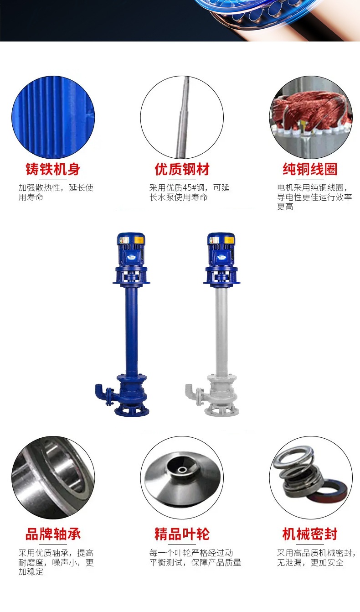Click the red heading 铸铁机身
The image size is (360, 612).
[53, 169]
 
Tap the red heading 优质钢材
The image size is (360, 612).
[182, 169]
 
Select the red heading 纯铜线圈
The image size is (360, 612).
[310, 169]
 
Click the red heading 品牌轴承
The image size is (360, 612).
[53, 534]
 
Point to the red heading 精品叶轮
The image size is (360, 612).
[182, 534]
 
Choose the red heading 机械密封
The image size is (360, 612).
[310, 534]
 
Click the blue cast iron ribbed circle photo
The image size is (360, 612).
[53, 117]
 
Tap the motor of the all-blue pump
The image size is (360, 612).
[131, 250]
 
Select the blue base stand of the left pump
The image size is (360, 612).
[132, 410]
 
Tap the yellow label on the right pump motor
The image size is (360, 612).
[229, 240]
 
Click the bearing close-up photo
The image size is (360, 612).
[53, 477]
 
